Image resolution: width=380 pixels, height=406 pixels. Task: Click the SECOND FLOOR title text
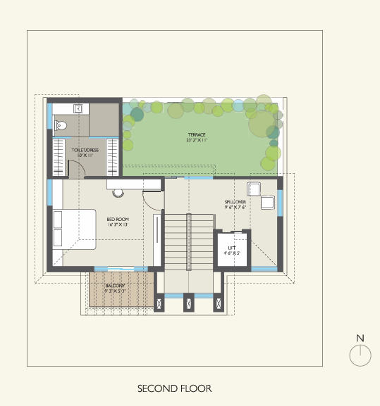174,388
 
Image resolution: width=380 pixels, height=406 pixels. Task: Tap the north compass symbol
360,356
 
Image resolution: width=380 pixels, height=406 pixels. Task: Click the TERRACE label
197,134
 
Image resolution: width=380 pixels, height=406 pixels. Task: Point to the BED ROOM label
118,219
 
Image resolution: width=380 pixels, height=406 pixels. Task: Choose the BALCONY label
115,284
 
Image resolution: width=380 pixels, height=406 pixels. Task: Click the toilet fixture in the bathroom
60,127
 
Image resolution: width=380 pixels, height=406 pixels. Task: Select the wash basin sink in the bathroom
78,108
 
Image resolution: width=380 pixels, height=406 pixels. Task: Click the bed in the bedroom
74,229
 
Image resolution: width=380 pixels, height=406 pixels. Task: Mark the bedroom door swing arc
152,200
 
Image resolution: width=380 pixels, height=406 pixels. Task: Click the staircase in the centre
188,243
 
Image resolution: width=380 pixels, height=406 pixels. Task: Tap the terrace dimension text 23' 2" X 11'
197,140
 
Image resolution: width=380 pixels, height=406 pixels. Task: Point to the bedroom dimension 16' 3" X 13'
118,224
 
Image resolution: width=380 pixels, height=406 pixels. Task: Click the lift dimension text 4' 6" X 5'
230,252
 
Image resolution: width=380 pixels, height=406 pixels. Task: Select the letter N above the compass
360,338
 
